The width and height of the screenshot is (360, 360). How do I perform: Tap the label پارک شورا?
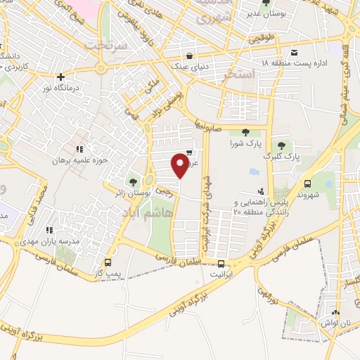[x=245, y=144]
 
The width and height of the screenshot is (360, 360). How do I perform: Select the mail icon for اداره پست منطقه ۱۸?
[x=294, y=53]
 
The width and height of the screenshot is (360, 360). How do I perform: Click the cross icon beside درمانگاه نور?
[x=61, y=77]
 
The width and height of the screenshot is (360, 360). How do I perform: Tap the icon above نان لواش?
[x=335, y=313]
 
